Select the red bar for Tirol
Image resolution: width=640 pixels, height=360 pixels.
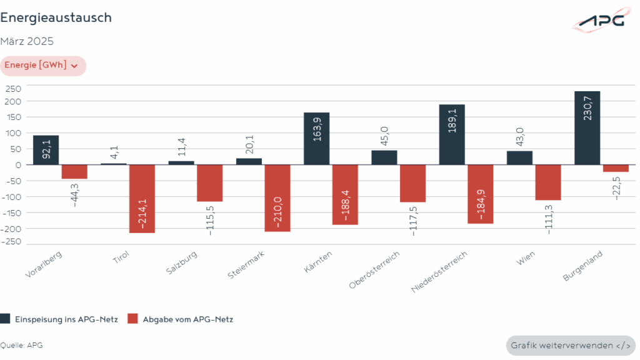tap(142, 199)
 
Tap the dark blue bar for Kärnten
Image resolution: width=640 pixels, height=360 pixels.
tap(316, 138)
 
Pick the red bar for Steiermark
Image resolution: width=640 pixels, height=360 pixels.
tap(277, 197)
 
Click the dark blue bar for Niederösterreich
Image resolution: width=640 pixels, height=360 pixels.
tap(452, 134)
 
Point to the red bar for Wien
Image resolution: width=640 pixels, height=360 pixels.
tap(548, 182)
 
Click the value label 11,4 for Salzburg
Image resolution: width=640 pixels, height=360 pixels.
tap(181, 147)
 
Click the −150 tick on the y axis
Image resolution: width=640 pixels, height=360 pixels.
tap(11, 212)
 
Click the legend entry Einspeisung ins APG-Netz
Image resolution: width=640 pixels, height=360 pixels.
tap(59, 319)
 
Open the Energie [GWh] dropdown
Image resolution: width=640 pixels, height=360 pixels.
tap(42, 66)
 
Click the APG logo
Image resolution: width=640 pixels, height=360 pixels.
tap(601, 20)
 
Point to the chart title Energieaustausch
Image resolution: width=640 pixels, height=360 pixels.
tap(56, 17)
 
